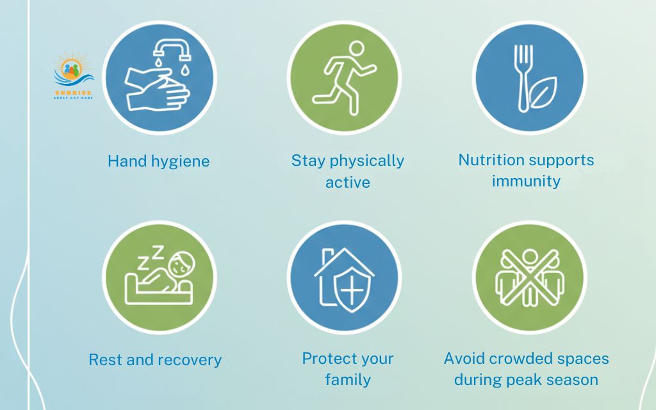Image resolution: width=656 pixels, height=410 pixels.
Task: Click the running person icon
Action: click(x=344, y=78)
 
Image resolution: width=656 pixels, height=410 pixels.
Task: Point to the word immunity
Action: click(x=526, y=181)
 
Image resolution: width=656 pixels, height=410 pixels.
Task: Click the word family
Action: click(x=348, y=380)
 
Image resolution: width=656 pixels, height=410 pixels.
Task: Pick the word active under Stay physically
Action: click(x=348, y=183)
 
